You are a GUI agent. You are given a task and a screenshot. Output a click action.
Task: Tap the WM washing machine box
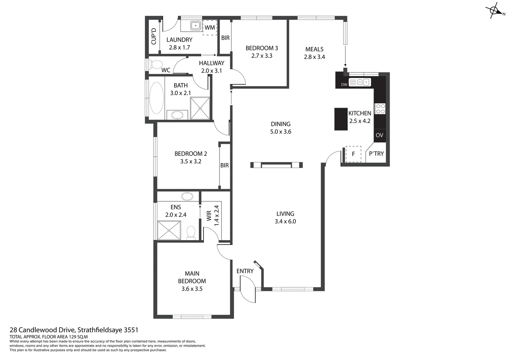coord(210,27)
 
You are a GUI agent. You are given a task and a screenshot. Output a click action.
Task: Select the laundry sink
coord(195,25)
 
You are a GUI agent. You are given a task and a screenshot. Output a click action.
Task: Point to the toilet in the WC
coord(156,64)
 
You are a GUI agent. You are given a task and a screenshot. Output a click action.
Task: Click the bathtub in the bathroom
coord(156,98)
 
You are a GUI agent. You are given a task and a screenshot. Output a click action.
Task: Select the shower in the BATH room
coord(200,108)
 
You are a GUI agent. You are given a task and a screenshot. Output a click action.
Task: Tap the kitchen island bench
coord(341,119)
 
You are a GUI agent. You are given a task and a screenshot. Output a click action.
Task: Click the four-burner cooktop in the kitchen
coord(380,109)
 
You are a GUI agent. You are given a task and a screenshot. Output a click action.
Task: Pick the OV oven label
coord(379,135)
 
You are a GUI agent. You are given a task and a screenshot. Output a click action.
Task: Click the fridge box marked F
coord(353,154)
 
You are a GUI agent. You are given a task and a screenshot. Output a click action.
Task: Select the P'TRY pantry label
coord(376,154)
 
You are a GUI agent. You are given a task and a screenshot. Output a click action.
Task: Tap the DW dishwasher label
coord(344,85)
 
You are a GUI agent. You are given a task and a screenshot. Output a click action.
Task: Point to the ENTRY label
coord(245,271)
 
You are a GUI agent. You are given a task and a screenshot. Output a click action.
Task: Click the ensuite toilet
coord(191,232)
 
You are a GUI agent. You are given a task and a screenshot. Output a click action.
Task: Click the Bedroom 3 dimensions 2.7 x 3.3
coord(261,56)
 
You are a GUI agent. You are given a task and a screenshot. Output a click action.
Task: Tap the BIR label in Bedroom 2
coord(225,165)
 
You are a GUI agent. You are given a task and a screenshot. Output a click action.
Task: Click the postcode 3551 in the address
coord(131,330)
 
